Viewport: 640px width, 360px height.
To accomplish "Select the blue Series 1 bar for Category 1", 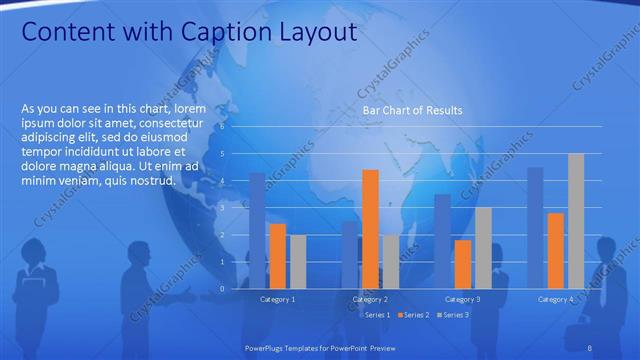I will coord(257,230).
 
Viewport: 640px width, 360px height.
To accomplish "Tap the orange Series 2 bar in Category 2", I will coord(370,228).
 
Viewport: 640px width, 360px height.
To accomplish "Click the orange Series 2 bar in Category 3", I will coord(463,264).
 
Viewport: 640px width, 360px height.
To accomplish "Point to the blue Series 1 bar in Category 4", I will coord(535,227).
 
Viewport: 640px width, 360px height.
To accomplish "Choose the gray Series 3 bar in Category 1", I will coord(298,261).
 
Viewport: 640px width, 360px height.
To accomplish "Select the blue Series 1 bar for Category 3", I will coord(442,241).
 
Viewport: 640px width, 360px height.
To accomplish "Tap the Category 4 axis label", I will coord(555,300).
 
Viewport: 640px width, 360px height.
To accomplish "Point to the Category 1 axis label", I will coord(277,300).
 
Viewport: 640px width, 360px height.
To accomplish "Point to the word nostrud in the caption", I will coord(149,181).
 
